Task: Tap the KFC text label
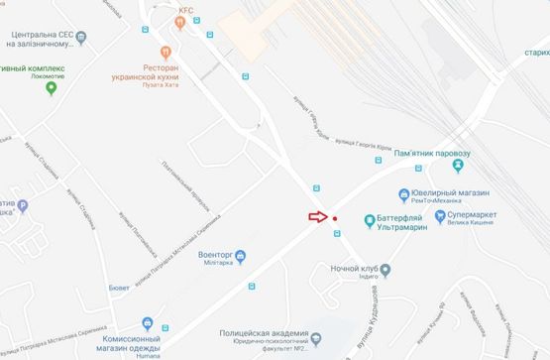click(187, 10)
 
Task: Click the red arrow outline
click(316, 216)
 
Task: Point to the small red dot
click(335, 218)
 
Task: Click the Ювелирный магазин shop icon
click(404, 194)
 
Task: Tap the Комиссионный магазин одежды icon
click(148, 322)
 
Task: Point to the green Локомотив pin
click(52, 88)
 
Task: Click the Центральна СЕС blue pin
click(82, 38)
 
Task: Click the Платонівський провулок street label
click(185, 187)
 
